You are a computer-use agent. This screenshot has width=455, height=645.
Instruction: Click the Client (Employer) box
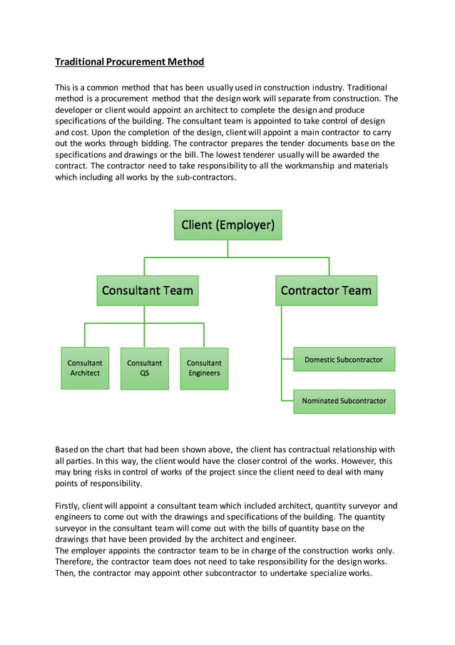227,225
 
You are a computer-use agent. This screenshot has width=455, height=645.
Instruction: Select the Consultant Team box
147,290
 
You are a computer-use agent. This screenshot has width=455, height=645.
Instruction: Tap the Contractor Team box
326,290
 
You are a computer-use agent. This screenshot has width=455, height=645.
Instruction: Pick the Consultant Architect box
85,368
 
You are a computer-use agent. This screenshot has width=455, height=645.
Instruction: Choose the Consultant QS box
145,368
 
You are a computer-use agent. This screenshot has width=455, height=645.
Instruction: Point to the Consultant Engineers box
204,368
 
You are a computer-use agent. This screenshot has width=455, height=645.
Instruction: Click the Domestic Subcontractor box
344,360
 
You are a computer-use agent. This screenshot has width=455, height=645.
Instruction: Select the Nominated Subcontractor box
344,401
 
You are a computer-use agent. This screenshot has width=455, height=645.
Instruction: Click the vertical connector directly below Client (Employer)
227,248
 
